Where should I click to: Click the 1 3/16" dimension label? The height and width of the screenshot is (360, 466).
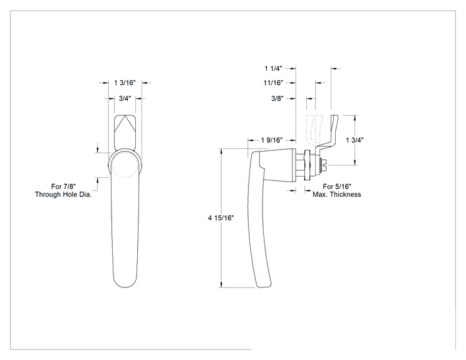tap(125, 83)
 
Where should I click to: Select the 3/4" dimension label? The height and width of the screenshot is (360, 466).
tap(125, 98)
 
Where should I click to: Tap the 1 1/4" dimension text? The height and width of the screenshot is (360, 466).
tap(274, 68)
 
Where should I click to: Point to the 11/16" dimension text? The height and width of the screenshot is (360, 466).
tap(273, 83)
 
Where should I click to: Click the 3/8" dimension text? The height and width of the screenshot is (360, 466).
tap(277, 98)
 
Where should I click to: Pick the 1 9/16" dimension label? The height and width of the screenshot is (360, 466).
tap(272, 140)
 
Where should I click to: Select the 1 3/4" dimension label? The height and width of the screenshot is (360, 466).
tap(355, 140)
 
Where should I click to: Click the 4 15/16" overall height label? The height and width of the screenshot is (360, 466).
tap(221, 218)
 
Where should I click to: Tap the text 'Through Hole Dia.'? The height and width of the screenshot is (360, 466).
tap(63, 194)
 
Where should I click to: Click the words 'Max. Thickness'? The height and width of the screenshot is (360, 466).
tap(337, 194)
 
